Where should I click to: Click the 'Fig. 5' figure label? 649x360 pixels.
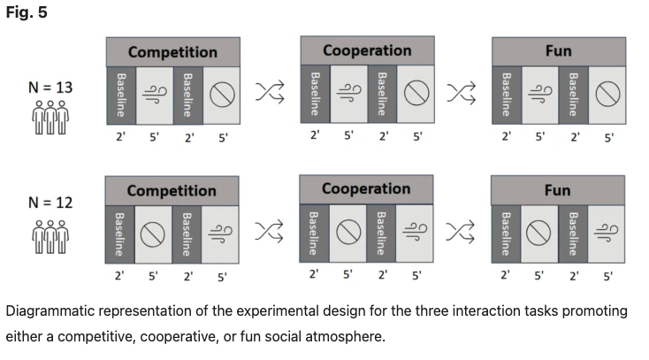pyautogui.click(x=27, y=12)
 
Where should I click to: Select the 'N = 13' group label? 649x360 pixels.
pyautogui.click(x=50, y=88)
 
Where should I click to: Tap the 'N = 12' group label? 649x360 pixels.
pyautogui.click(x=50, y=203)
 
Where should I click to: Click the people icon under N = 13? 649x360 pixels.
pyautogui.click(x=50, y=118)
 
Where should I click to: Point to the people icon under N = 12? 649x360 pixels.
pyautogui.click(x=50, y=236)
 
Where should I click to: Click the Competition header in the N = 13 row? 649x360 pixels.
pyautogui.click(x=173, y=52)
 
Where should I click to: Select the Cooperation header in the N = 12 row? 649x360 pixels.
pyautogui.click(x=366, y=189)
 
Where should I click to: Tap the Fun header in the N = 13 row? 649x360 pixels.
pyautogui.click(x=559, y=51)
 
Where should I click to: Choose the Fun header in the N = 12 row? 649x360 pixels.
pyautogui.click(x=558, y=190)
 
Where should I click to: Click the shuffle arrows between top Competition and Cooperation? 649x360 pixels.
pyautogui.click(x=270, y=92)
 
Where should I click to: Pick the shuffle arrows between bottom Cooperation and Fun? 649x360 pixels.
pyautogui.click(x=461, y=231)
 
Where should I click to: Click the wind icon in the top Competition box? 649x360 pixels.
pyautogui.click(x=155, y=94)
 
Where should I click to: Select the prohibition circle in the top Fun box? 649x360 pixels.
pyautogui.click(x=607, y=94)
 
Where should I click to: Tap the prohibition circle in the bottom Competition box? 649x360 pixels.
pyautogui.click(x=153, y=234)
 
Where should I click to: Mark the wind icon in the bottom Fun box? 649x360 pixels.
pyautogui.click(x=606, y=233)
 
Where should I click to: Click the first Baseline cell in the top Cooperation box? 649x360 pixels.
pyautogui.click(x=316, y=94)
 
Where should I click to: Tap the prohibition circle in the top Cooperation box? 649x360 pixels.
pyautogui.click(x=416, y=92)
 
